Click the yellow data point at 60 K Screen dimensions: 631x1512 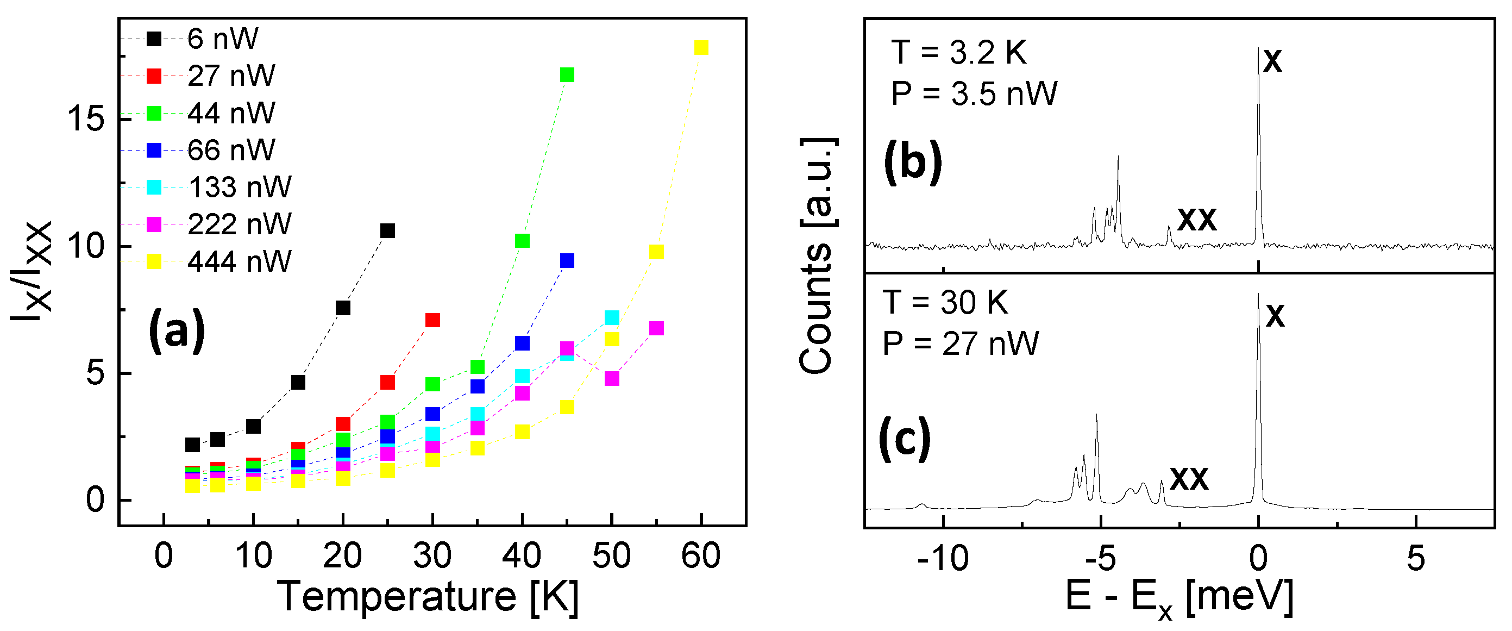701,47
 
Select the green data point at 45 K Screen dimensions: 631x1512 567,75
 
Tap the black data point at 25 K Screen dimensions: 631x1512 387,230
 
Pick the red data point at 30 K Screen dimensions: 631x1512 432,320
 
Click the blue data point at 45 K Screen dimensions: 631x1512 567,261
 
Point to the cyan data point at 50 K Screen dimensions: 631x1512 612,317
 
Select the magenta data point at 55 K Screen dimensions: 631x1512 656,328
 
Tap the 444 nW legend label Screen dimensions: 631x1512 240,262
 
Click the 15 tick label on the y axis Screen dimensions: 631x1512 86,119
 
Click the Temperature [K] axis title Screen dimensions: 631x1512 427,597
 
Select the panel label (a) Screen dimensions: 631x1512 177,331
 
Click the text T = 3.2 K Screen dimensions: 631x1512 958,53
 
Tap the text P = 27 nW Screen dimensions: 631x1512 960,344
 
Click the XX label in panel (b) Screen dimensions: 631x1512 1197,220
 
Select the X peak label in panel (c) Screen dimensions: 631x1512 1275,317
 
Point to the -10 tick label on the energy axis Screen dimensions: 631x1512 943,558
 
